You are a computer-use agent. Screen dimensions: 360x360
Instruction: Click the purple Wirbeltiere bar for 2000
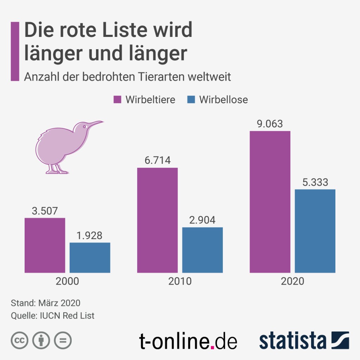[x=45, y=245]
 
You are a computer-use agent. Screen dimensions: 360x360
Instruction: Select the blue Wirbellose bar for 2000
[x=90, y=257]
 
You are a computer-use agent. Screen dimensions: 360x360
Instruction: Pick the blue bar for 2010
[x=202, y=250]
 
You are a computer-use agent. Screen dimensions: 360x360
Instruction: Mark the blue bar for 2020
[x=315, y=231]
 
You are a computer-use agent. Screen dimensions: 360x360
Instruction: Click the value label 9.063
[x=270, y=124]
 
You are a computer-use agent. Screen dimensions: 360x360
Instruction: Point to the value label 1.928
[x=90, y=236]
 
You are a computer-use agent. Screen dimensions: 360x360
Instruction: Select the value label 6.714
[x=157, y=161]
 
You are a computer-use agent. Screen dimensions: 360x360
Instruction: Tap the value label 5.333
[x=315, y=182]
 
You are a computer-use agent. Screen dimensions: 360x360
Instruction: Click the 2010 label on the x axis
[x=180, y=282]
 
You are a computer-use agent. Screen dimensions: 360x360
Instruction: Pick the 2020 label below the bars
[x=292, y=282]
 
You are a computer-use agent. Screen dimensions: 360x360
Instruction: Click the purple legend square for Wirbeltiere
[x=117, y=99]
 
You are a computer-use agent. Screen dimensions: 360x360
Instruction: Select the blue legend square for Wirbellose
[x=191, y=99]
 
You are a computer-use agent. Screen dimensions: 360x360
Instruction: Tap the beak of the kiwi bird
[x=96, y=124]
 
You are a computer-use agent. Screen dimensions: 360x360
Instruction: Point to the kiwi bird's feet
[x=56, y=171]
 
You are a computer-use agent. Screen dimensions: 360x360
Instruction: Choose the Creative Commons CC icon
[x=20, y=340]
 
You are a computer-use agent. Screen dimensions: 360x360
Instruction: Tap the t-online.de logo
[x=188, y=341]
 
